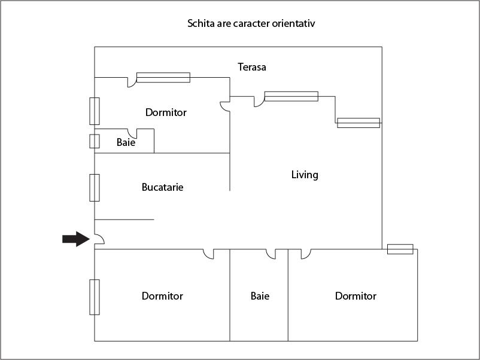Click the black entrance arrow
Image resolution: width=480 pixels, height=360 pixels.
75,239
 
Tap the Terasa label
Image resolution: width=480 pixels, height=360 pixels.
251,67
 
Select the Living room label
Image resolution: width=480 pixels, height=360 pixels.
305,175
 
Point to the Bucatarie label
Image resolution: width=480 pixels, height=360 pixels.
162,187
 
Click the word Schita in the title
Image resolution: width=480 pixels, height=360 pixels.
201,25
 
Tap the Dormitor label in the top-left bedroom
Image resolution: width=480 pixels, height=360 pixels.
166,112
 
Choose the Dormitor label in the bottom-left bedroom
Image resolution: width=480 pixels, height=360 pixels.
162,296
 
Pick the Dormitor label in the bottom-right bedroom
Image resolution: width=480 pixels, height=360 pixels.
356,296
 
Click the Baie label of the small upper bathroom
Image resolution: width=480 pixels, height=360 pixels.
126,144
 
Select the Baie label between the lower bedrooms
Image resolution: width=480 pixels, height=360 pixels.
260,296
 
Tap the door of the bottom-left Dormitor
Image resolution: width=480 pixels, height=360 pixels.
208,254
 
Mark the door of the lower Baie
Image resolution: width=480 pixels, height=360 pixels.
271,254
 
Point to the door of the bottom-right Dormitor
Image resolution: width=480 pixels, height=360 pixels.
305,254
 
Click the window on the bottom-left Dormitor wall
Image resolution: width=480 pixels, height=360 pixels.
95,297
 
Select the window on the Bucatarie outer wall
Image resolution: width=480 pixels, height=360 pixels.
95,187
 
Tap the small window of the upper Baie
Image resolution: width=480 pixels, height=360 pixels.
95,141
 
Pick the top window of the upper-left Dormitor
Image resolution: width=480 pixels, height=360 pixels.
163,77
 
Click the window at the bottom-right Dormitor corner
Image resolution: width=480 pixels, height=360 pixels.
400,249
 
